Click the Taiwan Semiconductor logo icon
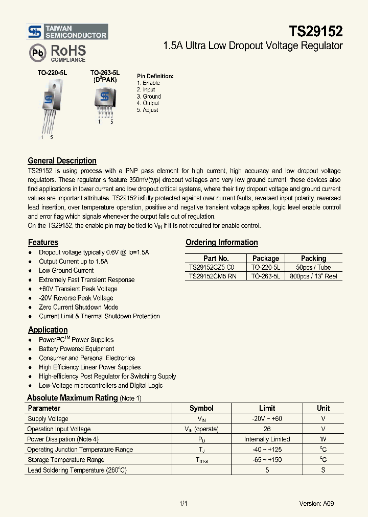pyautogui.click(x=34, y=32)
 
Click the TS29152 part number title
pyautogui.click(x=316, y=32)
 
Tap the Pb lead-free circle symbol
pyautogui.click(x=37, y=53)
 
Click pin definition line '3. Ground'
pyautogui.click(x=149, y=97)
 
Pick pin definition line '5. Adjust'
pyautogui.click(x=147, y=110)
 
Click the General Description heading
pyautogui.click(x=62, y=161)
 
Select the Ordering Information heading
pyautogui.click(x=221, y=243)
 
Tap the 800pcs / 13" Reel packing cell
pyautogui.click(x=313, y=276)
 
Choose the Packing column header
pyautogui.click(x=313, y=258)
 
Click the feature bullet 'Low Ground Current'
pyautogui.click(x=66, y=271)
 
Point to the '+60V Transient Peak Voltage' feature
pyautogui.click(x=78, y=289)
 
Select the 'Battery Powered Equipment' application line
pyautogui.click(x=77, y=349)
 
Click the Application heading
pyautogui.click(x=48, y=330)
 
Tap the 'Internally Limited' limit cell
pyautogui.click(x=267, y=439)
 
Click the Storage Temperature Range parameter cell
pyautogui.click(x=66, y=460)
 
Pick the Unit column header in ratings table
pyautogui.click(x=323, y=408)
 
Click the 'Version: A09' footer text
pyautogui.click(x=316, y=503)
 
